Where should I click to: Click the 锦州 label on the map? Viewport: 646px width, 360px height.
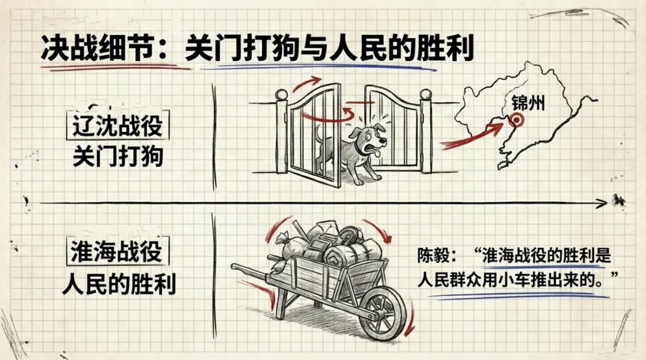[528, 103]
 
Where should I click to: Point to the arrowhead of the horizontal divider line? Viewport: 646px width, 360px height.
[601, 205]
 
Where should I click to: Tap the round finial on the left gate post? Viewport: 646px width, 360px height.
[282, 94]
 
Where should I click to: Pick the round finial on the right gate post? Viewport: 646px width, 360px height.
[426, 94]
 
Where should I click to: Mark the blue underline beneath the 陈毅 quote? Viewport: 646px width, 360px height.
[514, 295]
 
